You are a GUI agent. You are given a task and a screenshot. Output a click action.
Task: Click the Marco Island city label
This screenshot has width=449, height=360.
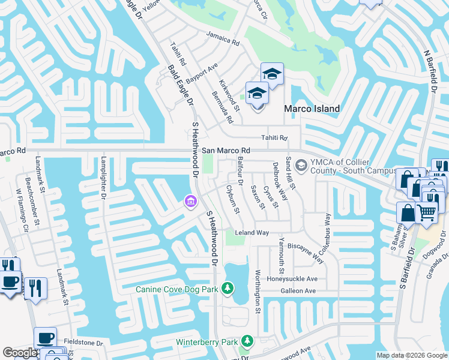tap(311, 109)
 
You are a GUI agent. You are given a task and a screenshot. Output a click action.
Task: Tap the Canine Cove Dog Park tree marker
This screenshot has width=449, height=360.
tap(228, 289)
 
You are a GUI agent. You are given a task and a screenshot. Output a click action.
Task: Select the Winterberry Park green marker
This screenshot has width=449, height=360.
tap(246, 342)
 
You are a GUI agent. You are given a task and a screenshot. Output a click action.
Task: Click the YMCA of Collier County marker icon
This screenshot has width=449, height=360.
tap(301, 164)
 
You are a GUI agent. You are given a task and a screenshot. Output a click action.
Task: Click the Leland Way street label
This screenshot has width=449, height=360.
tap(252, 232)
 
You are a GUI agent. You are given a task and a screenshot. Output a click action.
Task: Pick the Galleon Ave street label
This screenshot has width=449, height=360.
tap(298, 291)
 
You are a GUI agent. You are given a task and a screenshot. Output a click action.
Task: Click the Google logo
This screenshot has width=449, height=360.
tap(20, 353)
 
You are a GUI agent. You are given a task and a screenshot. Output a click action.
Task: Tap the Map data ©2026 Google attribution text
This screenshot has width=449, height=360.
tap(411, 355)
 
